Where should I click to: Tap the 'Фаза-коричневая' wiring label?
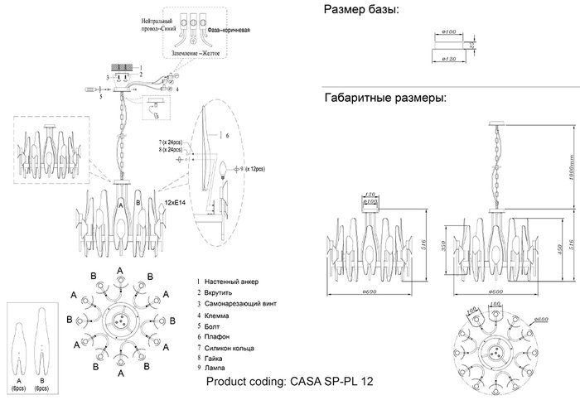tap(225, 28)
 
